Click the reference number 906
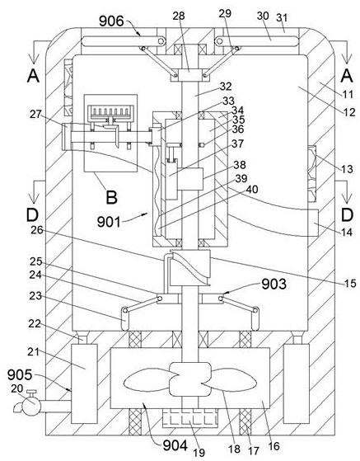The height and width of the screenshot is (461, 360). click(111, 21)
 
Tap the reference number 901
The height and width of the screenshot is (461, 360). click(109, 222)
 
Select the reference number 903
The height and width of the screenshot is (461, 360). click(274, 284)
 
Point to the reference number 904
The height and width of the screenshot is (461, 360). click(175, 445)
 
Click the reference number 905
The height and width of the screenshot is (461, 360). click(20, 375)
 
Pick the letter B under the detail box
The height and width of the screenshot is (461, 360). click(111, 197)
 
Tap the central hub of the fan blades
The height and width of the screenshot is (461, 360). click(190, 379)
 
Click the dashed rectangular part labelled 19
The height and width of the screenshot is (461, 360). click(189, 418)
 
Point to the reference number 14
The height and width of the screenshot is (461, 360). click(347, 233)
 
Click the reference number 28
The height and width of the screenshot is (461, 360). click(179, 16)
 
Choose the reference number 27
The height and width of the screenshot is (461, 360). click(35, 114)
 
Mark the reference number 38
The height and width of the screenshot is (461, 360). click(240, 165)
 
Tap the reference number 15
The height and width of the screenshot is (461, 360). click(350, 283)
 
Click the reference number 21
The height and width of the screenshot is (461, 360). click(34, 351)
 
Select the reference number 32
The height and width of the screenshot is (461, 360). click(226, 86)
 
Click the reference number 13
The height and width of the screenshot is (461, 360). click(347, 169)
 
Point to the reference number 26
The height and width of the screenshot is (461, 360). click(37, 230)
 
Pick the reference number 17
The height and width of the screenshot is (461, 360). click(254, 451)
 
